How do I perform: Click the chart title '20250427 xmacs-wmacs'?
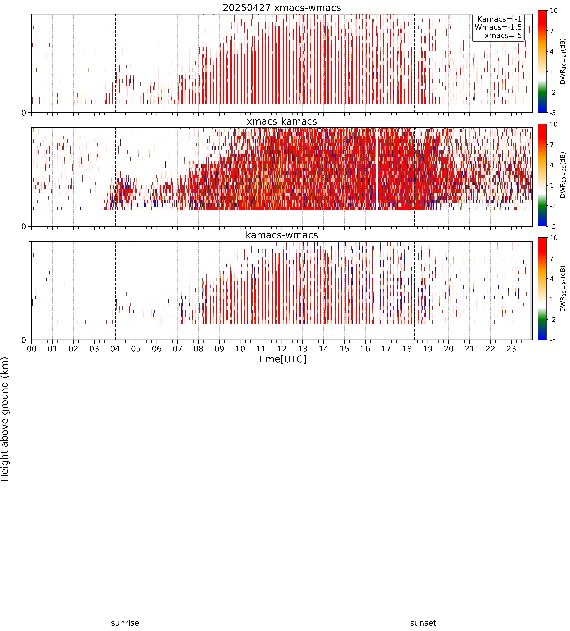coord(282,8)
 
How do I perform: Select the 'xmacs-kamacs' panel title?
coord(282,121)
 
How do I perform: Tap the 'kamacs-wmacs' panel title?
coord(282,235)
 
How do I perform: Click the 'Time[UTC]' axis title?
coord(282,359)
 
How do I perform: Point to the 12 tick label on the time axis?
coord(282,349)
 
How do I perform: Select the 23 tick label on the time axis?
coord(511,349)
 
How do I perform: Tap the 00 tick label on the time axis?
coord(32,349)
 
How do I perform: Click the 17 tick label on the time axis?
coord(386,349)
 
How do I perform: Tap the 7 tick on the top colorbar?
coord(552,31)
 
